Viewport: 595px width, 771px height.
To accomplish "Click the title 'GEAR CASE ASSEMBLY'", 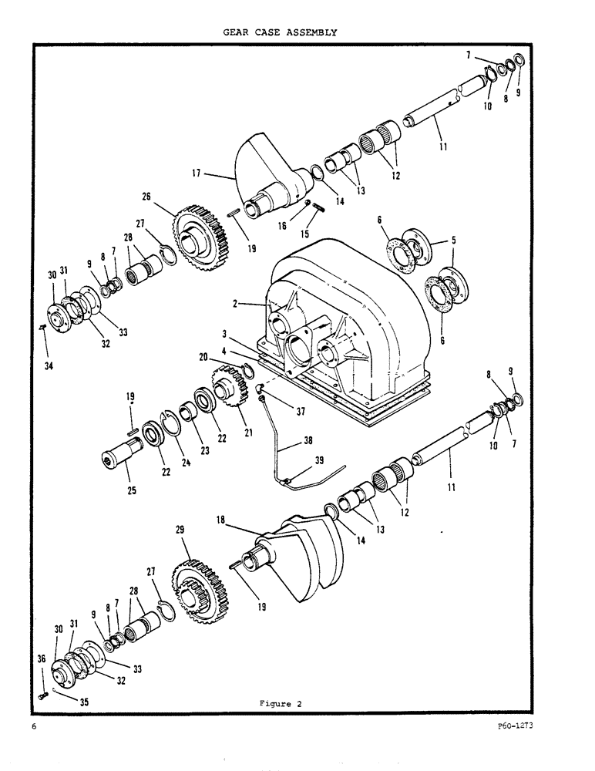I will click(x=281, y=32).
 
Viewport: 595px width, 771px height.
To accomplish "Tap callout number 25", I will click(x=132, y=490).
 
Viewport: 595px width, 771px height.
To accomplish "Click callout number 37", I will click(x=297, y=412).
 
